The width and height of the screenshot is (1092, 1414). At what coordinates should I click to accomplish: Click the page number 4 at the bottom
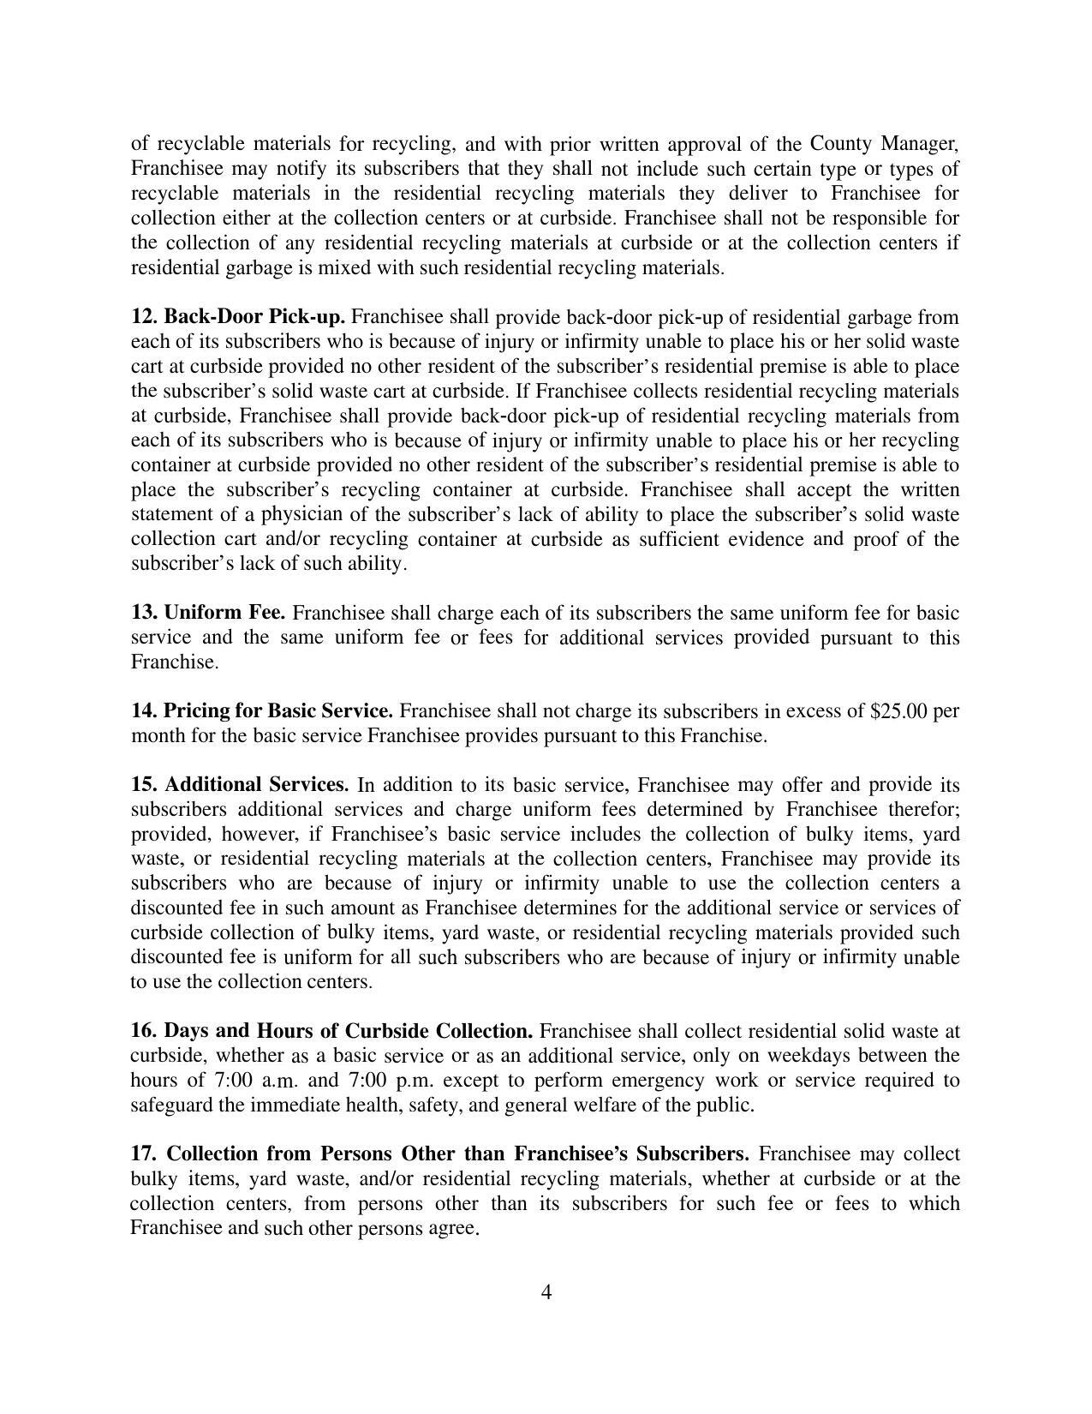[x=546, y=1291]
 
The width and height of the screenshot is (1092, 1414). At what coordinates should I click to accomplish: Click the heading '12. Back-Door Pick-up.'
[x=238, y=317]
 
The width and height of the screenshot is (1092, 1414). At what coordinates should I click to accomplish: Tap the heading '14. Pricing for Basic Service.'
[x=262, y=711]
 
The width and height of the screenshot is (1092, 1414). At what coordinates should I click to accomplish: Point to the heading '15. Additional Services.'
[x=240, y=785]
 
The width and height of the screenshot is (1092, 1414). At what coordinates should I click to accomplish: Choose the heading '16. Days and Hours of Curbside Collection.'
[x=331, y=1031]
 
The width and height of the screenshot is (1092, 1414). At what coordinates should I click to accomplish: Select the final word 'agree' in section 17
[x=451, y=1229]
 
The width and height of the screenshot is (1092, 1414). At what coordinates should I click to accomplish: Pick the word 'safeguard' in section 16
[x=171, y=1105]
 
